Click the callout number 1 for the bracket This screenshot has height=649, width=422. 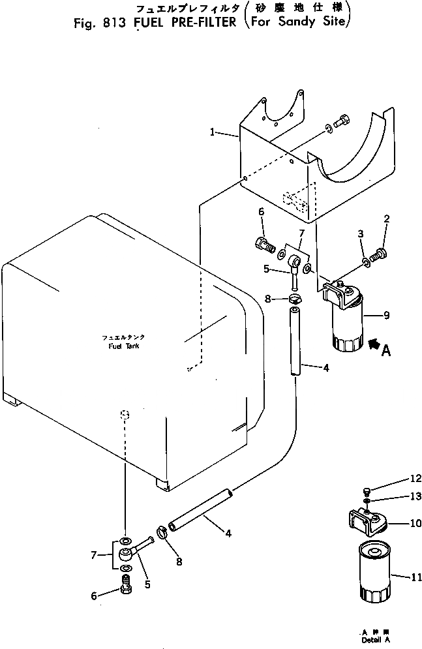pos(213,132)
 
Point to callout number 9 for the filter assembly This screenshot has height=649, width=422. pos(387,316)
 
